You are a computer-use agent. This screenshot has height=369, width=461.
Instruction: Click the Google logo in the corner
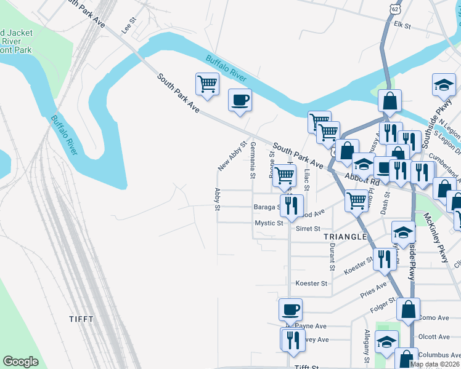(20, 362)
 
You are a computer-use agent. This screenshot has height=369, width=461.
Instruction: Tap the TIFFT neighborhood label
(81, 319)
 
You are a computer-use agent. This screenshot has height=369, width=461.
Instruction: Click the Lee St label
(129, 26)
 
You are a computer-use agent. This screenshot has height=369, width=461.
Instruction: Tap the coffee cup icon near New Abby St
(240, 100)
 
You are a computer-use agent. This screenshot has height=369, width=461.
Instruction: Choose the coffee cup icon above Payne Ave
(290, 309)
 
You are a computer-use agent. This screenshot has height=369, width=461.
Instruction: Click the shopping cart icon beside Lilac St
(284, 175)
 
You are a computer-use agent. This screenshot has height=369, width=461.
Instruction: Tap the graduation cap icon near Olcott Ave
(386, 342)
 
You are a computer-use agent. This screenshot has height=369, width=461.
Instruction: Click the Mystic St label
(269, 223)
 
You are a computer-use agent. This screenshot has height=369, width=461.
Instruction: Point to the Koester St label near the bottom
(311, 284)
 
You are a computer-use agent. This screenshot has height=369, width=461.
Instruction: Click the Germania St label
(253, 159)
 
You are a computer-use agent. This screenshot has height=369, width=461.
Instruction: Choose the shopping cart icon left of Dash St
(357, 200)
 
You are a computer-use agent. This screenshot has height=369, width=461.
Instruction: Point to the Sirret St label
(308, 228)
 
